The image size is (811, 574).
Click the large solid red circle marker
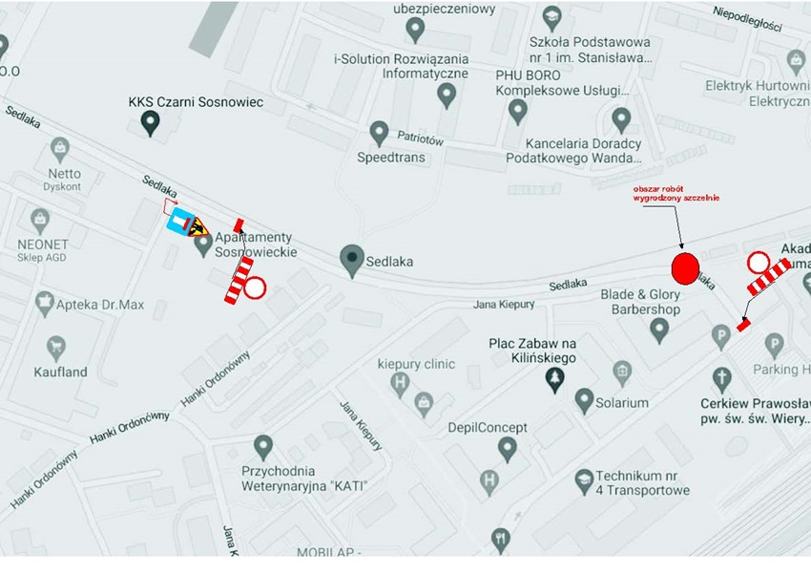tap(686, 266)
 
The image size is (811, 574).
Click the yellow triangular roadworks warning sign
tap(198, 226)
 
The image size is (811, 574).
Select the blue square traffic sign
tap(178, 223)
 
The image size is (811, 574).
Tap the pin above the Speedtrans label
tap(379, 132)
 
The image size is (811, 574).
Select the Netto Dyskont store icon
tap(60, 150)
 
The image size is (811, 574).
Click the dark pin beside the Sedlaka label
tap(353, 258)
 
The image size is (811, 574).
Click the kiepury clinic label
tap(416, 364)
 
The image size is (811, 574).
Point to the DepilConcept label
tap(488, 427)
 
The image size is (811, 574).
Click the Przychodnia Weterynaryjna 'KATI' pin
tap(263, 446)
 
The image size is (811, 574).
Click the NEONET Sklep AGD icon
tap(39, 220)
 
